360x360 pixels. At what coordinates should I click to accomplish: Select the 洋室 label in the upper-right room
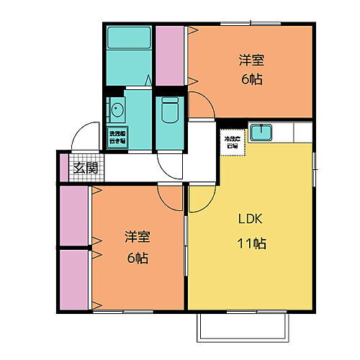(251, 61)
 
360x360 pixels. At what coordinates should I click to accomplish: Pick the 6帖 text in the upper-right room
(251, 79)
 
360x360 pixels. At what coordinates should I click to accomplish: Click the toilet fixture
(171, 110)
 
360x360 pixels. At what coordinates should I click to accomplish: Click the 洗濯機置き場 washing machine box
(117, 136)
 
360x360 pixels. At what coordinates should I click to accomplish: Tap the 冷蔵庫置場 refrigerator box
(231, 141)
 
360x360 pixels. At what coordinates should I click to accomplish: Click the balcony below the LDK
(244, 328)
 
